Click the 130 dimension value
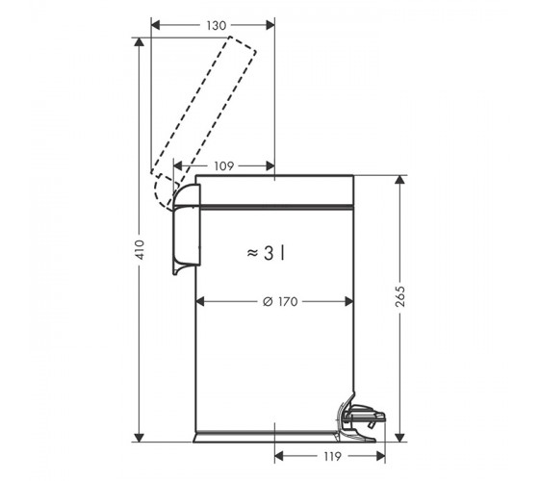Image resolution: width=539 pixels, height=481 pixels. coord(217,25)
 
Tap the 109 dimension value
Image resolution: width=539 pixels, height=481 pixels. coord(223,166)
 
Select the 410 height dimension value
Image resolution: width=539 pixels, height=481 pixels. coord(140,250)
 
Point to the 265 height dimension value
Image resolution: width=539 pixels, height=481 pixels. coord(400,296)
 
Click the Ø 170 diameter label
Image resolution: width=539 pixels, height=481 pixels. coord(280,302)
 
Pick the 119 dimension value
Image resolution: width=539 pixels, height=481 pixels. coord(332,457)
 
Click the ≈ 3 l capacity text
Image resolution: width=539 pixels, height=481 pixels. coord(266,254)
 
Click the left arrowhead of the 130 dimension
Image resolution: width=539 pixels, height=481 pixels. coord(156,25)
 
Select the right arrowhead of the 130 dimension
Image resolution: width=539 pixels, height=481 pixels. coord(270,25)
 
